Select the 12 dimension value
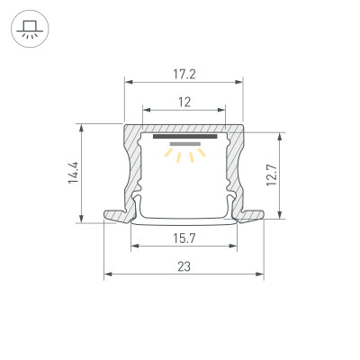pyautogui.click(x=184, y=103)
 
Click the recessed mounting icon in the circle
pyautogui.click(x=27, y=29)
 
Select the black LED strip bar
pyautogui.click(x=184, y=138)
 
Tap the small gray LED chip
pyautogui.click(x=184, y=145)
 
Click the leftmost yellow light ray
pyautogui.click(x=166, y=154)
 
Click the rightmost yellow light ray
pyautogui.click(x=202, y=154)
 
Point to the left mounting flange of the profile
pyautogui.click(x=117, y=216)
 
